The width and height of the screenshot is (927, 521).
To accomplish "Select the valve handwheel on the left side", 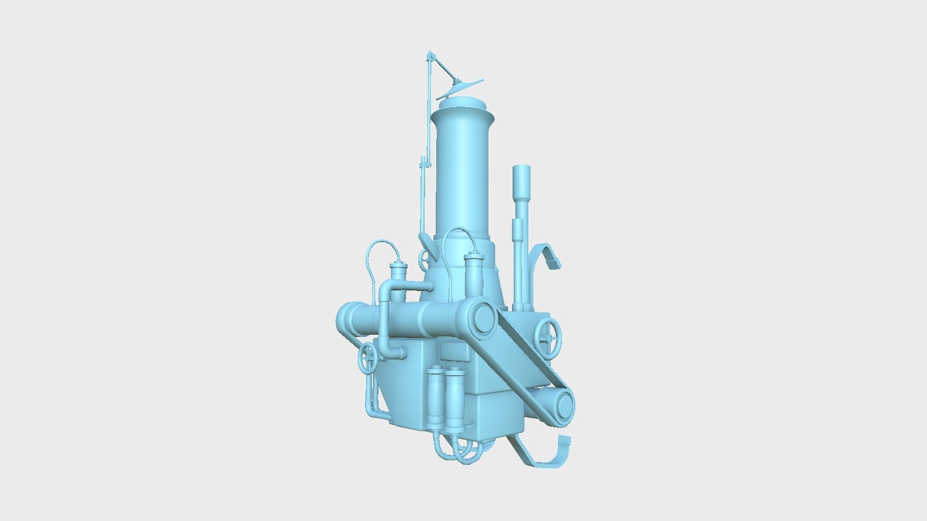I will coord(368,359).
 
